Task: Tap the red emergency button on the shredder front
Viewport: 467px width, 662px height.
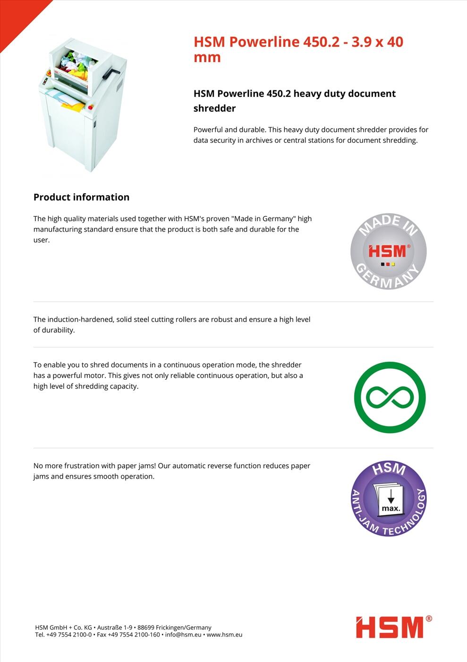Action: click(90, 108)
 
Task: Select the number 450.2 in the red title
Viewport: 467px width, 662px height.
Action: click(321, 42)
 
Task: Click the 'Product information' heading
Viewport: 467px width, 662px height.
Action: click(81, 197)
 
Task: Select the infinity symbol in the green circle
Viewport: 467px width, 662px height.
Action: click(390, 397)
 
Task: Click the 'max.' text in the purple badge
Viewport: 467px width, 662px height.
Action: click(391, 509)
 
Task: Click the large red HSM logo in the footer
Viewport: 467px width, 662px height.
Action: click(390, 627)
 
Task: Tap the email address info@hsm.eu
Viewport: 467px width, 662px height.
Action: click(183, 635)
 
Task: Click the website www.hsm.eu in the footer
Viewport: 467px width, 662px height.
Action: click(224, 635)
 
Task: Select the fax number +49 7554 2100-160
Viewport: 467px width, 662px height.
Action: click(134, 635)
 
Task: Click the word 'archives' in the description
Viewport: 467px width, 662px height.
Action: click(258, 140)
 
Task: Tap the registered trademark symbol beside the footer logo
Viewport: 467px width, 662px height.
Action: click(429, 618)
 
